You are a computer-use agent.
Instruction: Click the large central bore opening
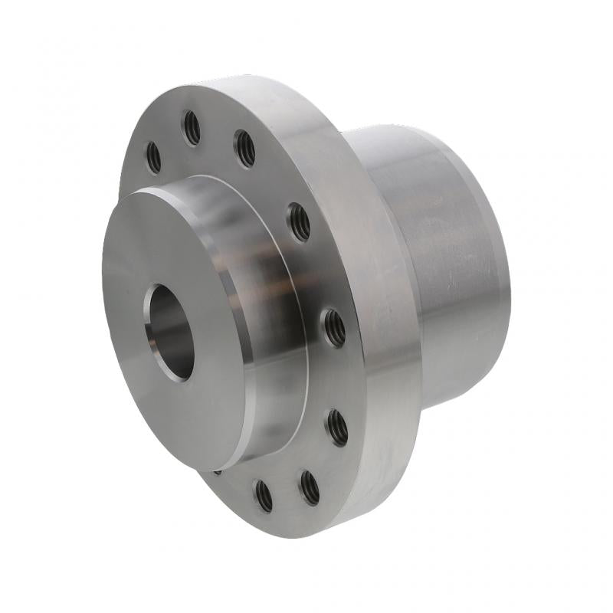(169, 329)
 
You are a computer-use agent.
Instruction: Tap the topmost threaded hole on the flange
(192, 127)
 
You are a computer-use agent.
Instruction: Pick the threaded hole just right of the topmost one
(244, 148)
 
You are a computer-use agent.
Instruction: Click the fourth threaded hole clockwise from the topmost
(299, 222)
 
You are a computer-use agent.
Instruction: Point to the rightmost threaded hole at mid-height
(333, 327)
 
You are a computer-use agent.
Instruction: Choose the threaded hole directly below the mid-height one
(337, 427)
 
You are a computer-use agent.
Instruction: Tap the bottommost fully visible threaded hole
(264, 495)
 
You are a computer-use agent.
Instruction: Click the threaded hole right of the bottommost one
(309, 487)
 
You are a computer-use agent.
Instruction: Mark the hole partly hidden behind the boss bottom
(219, 470)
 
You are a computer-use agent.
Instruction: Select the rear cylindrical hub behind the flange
(444, 268)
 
